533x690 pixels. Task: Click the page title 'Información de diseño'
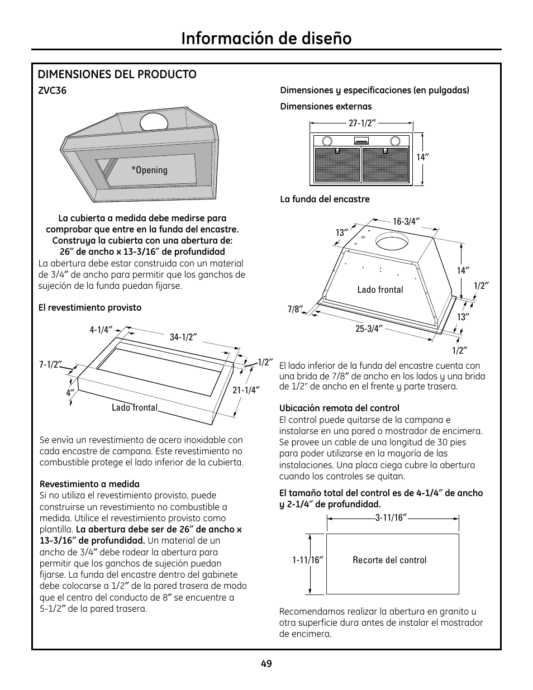266,38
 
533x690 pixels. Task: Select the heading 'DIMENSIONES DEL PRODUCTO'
117,74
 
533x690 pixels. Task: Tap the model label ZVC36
53,91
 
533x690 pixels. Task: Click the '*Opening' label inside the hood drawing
149,170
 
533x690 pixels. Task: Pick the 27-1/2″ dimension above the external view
361,123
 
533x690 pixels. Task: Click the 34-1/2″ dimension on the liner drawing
184,337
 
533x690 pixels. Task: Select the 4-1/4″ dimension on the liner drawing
101,330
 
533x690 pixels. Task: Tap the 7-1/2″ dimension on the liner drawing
50,364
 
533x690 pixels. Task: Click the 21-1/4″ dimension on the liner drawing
246,390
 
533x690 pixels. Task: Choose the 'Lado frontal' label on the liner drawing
135,408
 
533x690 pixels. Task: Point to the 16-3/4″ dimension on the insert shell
406,221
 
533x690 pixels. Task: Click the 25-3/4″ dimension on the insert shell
368,329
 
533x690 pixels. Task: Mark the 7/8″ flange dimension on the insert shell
295,309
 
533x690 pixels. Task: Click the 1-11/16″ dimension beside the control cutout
308,560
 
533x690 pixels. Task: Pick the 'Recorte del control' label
389,560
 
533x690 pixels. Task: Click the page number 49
266,664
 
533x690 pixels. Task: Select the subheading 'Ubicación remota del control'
339,408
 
